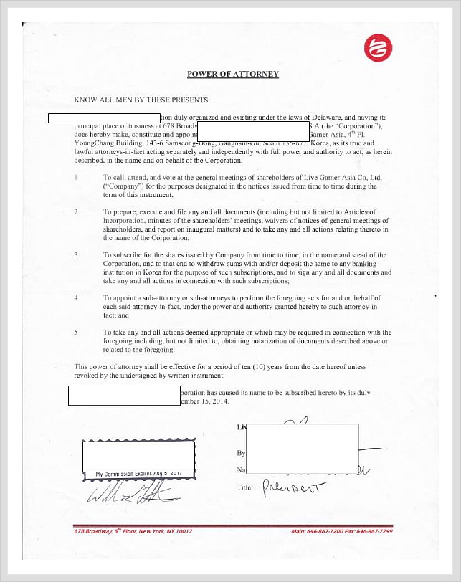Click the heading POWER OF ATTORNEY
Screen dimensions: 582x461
(233, 74)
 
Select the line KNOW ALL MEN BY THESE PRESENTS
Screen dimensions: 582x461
(142, 100)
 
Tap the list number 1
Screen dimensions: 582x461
(77, 176)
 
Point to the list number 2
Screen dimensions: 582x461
(77, 212)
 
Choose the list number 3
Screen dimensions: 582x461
(77, 255)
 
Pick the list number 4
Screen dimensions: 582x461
(77, 297)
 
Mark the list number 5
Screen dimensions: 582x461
(77, 333)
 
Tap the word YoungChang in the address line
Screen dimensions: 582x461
(93, 143)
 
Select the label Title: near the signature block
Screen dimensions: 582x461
(245, 487)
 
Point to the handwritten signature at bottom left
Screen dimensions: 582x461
(129, 492)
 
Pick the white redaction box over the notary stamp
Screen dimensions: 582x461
(138, 456)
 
